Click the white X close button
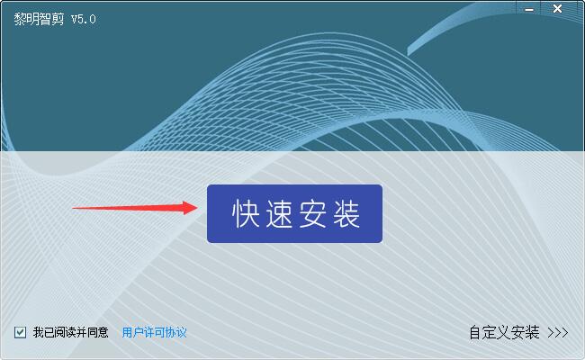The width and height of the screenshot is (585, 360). tap(557, 9)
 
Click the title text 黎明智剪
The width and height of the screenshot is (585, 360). tap(40, 19)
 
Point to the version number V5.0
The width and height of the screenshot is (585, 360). tap(84, 20)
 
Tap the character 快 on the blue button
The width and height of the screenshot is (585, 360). tap(246, 214)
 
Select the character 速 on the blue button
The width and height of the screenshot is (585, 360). tap(279, 214)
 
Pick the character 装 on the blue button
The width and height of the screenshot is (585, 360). tap(346, 214)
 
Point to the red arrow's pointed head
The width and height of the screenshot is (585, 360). tap(197, 208)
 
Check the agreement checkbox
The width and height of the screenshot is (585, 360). tap(20, 332)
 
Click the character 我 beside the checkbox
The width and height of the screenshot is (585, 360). tap(39, 332)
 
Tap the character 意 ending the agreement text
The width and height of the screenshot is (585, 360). tap(103, 332)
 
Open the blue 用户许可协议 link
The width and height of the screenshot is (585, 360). tap(154, 332)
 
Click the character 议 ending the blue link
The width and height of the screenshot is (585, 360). tap(181, 332)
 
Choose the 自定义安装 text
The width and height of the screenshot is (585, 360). tap(504, 332)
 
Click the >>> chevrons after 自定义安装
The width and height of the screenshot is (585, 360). tap(558, 332)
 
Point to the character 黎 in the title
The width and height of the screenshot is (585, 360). tap(20, 19)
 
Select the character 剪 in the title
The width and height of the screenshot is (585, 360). tap(58, 19)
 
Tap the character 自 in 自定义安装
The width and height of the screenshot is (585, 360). tap(475, 332)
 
